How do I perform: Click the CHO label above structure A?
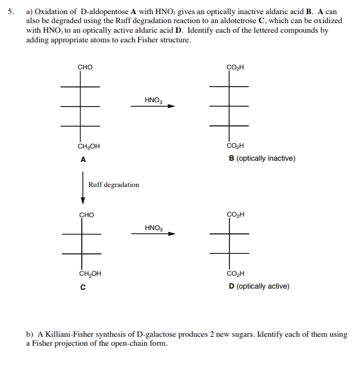click(x=85, y=67)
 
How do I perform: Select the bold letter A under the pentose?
click(x=83, y=159)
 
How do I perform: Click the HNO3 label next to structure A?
click(x=153, y=100)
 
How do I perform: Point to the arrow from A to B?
click(x=153, y=107)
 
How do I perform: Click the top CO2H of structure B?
click(x=235, y=67)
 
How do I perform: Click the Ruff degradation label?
click(x=113, y=185)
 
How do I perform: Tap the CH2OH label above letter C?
click(x=90, y=274)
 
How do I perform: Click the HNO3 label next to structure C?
click(x=153, y=227)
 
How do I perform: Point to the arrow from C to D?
click(x=153, y=234)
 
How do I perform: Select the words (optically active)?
click(x=263, y=286)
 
